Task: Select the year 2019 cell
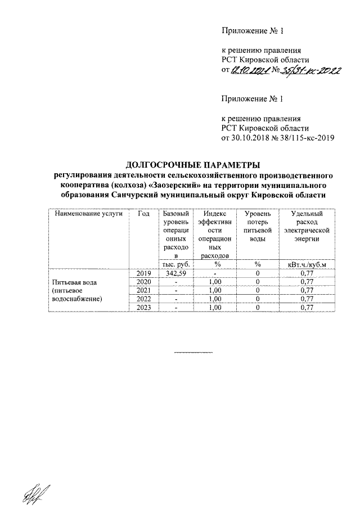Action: point(144,273)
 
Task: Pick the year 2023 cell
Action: point(144,308)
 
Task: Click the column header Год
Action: point(144,214)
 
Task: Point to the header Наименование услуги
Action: point(89,214)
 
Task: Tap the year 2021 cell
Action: point(144,290)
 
